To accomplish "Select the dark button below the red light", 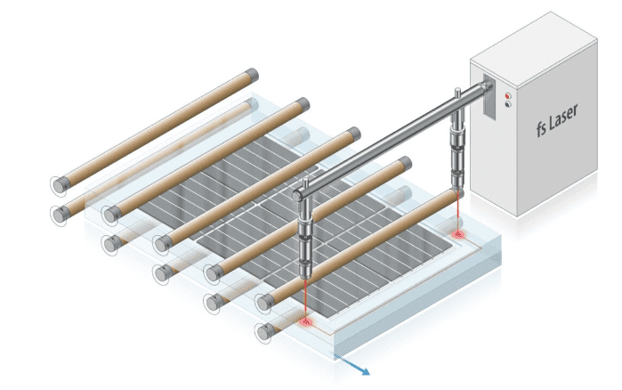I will pyautogui.click(x=508, y=104).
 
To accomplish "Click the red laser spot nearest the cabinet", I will pyautogui.click(x=459, y=234).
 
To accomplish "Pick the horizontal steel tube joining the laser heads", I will pyautogui.click(x=392, y=138).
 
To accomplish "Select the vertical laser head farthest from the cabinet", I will pyautogui.click(x=304, y=240).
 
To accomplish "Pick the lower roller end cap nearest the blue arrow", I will pyautogui.click(x=263, y=333).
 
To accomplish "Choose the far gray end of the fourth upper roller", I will pyautogui.click(x=406, y=163).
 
